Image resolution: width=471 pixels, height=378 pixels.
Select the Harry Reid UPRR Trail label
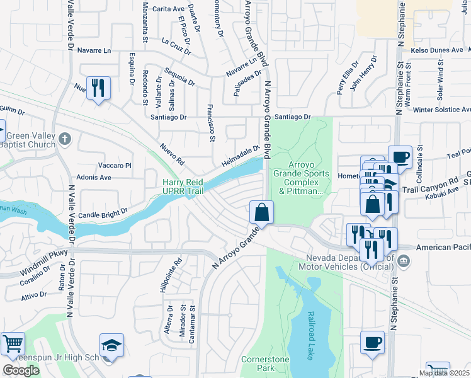pos(184,185)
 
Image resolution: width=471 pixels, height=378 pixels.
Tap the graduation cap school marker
pos(111,345)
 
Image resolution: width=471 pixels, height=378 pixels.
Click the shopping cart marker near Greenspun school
pos(13,344)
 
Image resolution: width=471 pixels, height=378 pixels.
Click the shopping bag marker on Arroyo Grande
pos(261,212)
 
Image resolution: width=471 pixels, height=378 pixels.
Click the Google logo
pos(21,370)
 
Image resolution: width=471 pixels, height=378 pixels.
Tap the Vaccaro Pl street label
pos(114,166)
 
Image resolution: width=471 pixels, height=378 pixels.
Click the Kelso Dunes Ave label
pos(436,50)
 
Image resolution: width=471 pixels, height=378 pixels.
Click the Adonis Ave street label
pos(93,178)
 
